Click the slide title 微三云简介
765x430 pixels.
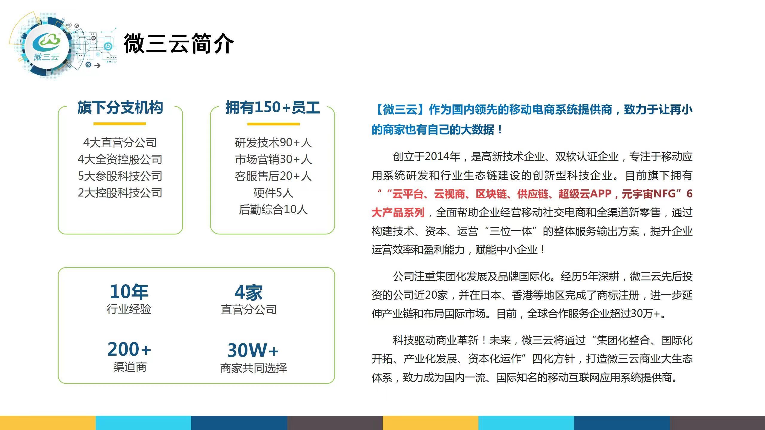point(179,44)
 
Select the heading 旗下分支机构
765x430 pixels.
point(120,107)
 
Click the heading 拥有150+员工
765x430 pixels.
point(273,107)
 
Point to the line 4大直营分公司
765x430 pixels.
point(120,143)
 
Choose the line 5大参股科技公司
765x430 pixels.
point(120,176)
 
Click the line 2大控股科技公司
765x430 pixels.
point(120,193)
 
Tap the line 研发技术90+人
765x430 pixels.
point(273,143)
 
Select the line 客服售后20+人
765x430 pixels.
point(273,176)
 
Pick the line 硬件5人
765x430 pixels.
point(273,193)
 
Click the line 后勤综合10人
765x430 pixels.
point(273,210)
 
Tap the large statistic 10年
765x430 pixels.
point(129,292)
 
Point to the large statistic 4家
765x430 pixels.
point(249,292)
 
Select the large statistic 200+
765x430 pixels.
point(129,349)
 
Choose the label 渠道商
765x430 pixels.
point(130,367)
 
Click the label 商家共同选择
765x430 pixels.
point(253,368)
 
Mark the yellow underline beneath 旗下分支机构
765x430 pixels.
point(120,124)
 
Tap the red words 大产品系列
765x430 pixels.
point(398,213)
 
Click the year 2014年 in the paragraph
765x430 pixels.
point(442,156)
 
